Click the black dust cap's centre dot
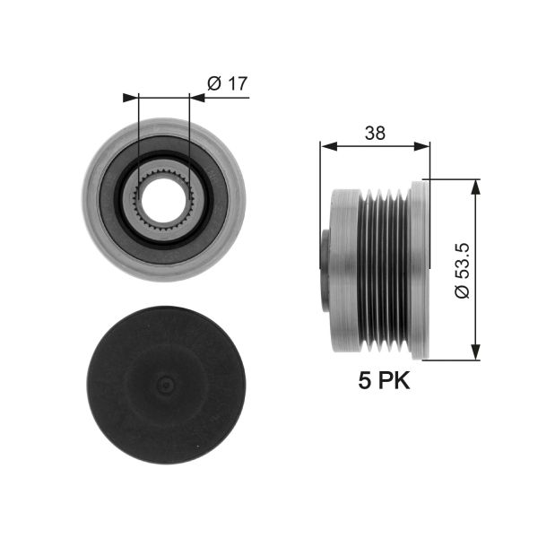point(164,386)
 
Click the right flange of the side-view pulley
point(421,270)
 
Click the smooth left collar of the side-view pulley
point(344,270)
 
